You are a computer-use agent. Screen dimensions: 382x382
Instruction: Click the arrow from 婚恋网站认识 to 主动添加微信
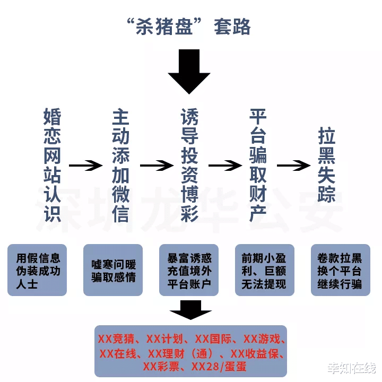(x=86, y=165)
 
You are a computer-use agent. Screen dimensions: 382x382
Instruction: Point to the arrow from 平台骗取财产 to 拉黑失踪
(x=293, y=165)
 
